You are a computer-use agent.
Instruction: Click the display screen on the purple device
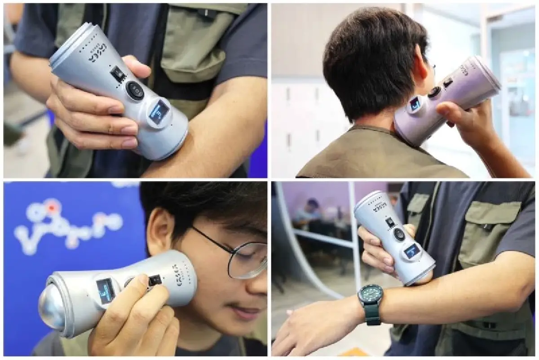click(414, 104)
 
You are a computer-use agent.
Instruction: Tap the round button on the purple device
click(434, 92)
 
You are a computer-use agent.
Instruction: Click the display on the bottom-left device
click(106, 290)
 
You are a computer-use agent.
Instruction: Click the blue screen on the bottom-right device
click(412, 251)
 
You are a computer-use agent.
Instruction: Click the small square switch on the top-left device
click(118, 74)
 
